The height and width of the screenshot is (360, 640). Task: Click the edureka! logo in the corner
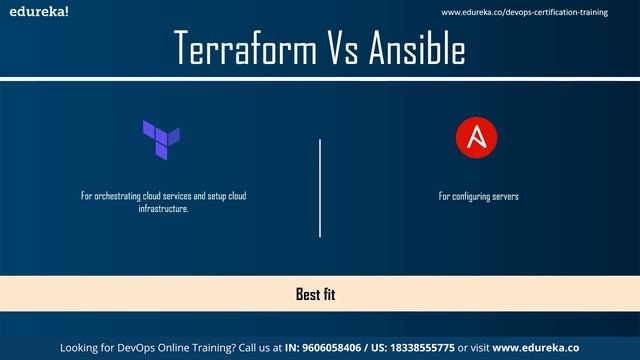(34, 12)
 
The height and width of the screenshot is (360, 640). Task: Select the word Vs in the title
(344, 47)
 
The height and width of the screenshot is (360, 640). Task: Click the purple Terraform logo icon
(161, 139)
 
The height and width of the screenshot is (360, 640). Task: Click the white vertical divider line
(320, 188)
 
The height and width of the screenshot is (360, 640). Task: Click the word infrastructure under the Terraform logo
(163, 209)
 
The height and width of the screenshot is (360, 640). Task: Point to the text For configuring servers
(478, 196)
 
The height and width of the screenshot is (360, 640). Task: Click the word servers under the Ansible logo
(504, 196)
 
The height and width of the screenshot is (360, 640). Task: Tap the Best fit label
(320, 294)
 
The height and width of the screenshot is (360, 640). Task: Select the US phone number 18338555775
(419, 347)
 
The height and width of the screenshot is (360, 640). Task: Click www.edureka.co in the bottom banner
(536, 347)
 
